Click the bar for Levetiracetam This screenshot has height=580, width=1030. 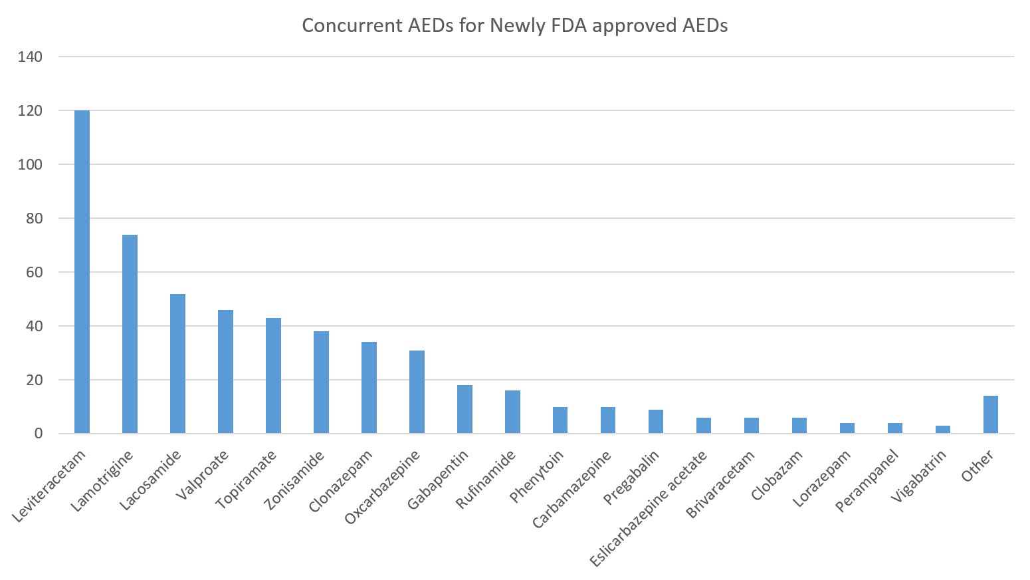(82, 272)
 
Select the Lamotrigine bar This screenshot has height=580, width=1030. (130, 334)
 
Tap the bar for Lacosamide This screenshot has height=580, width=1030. (177, 364)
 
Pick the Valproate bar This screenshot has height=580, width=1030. (225, 372)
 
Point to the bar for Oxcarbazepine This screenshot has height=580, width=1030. (417, 392)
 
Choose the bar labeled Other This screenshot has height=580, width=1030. (991, 415)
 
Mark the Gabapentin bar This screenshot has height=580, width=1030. (464, 409)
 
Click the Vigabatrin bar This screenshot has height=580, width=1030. (943, 430)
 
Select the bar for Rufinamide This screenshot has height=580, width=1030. (512, 412)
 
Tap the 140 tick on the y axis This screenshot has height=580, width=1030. (31, 57)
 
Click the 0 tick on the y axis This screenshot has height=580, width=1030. (38, 434)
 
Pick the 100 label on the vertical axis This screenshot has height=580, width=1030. (31, 165)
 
